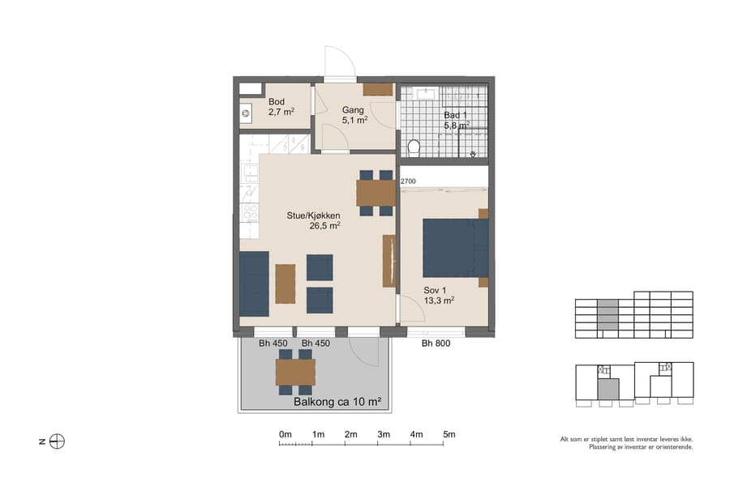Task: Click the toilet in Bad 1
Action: (x=414, y=147)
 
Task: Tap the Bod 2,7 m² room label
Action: (x=281, y=106)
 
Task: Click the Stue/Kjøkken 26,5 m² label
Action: (x=313, y=220)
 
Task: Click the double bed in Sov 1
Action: (x=454, y=248)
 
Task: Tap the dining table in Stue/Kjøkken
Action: (x=375, y=193)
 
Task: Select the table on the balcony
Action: (x=295, y=372)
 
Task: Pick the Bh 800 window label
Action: (x=436, y=343)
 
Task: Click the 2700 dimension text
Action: (x=408, y=182)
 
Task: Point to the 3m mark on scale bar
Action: (x=383, y=435)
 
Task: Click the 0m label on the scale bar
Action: (x=285, y=435)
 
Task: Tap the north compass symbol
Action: (x=57, y=441)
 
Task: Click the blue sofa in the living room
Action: (x=254, y=283)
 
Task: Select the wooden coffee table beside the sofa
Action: (x=285, y=283)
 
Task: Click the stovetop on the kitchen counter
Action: (x=250, y=212)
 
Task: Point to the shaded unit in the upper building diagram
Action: (x=607, y=318)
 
